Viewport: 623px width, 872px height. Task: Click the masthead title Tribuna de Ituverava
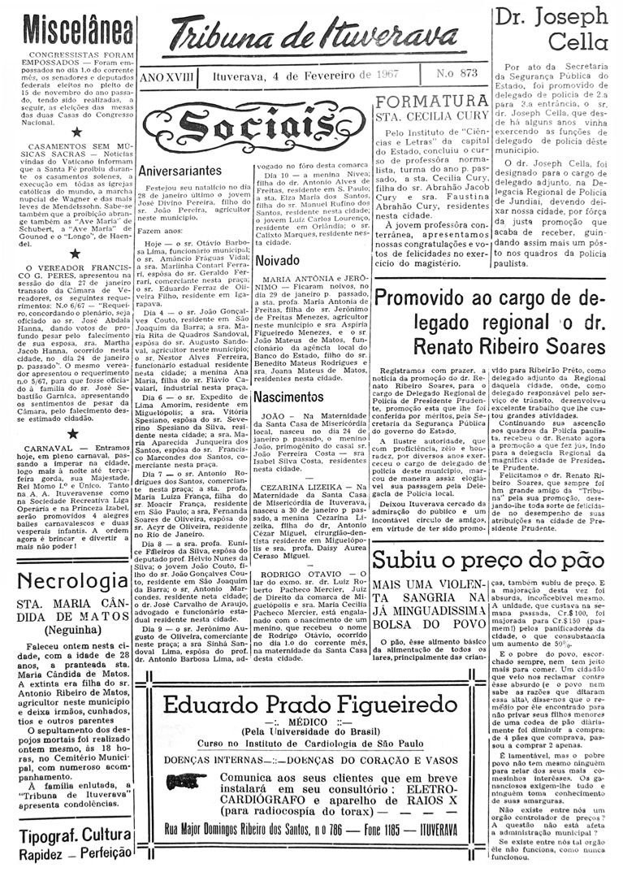pos(315,37)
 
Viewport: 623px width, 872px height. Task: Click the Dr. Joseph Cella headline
pos(556,28)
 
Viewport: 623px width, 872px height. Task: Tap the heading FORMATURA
pos(434,102)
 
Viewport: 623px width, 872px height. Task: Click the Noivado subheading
pos(277,261)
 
